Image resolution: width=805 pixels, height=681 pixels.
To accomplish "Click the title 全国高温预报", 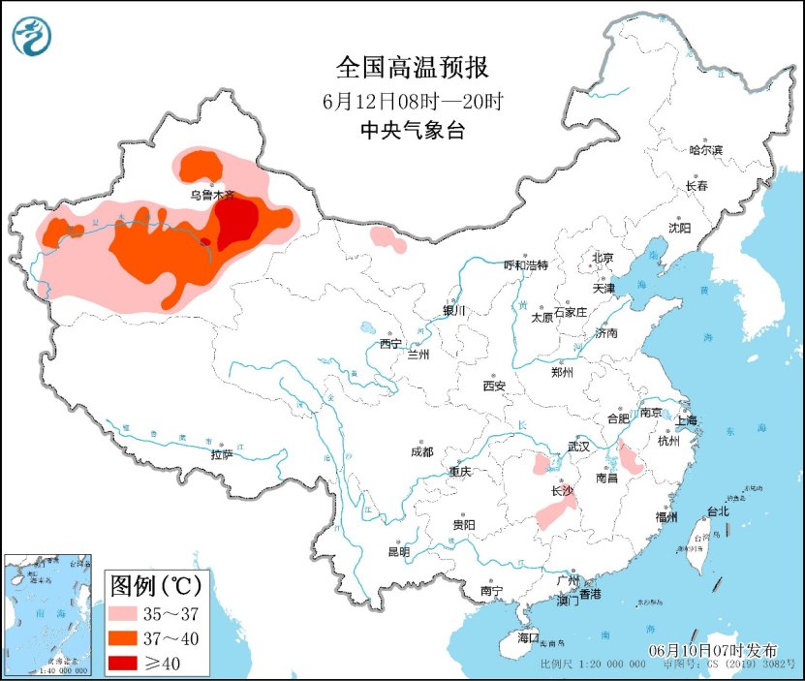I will [412, 68].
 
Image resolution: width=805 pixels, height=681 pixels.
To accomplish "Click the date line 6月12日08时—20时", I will [412, 100].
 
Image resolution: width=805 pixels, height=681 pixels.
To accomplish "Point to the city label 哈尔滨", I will [705, 150].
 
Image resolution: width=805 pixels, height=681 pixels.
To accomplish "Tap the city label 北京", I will [603, 258].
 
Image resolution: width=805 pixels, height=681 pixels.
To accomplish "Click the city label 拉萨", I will [222, 453].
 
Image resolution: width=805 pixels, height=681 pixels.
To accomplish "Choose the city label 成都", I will [421, 451].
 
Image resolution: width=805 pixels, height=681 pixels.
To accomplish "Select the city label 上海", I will [686, 421].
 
